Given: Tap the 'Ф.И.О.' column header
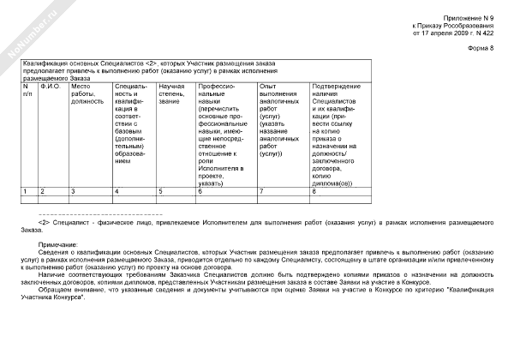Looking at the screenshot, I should [50, 87].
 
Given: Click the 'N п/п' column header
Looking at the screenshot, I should [27, 90].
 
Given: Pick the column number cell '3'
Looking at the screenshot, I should [74, 190].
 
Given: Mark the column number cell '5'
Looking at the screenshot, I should [160, 190].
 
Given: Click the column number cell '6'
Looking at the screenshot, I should [200, 190].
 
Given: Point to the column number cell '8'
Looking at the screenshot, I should [314, 190].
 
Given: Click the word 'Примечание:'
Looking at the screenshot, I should [57, 243].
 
